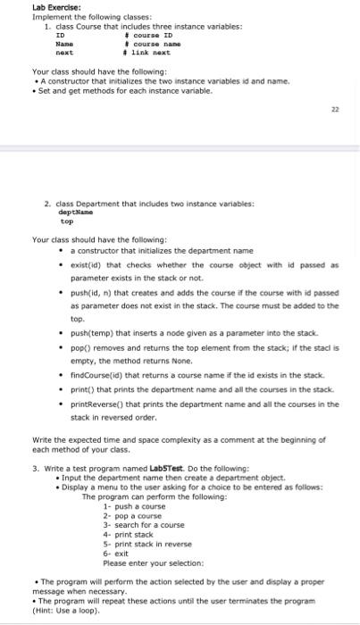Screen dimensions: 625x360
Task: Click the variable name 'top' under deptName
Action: click(x=65, y=221)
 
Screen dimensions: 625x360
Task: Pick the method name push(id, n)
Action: click(x=91, y=291)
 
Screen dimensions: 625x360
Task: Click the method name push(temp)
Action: click(x=92, y=331)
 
